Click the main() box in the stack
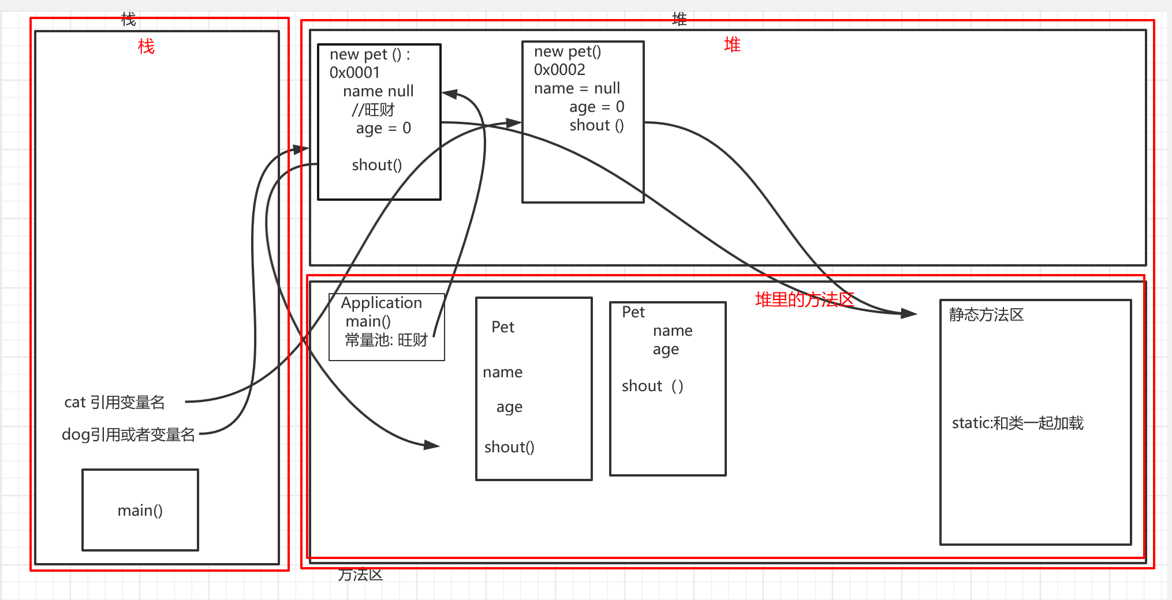pyautogui.click(x=140, y=510)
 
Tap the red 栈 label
pyautogui.click(x=146, y=46)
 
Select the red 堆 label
pyautogui.click(x=732, y=44)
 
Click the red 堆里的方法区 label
pyautogui.click(x=804, y=299)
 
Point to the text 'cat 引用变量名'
pyautogui.click(x=114, y=402)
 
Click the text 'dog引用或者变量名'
pyautogui.click(x=128, y=434)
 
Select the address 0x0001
pyautogui.click(x=354, y=73)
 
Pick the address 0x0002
pyautogui.click(x=559, y=70)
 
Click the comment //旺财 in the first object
pyautogui.click(x=374, y=110)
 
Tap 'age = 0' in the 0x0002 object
pyautogui.click(x=596, y=107)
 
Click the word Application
pyautogui.click(x=381, y=303)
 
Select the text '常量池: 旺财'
pyautogui.click(x=386, y=340)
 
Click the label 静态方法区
pyautogui.click(x=986, y=314)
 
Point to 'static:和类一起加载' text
pyautogui.click(x=1017, y=423)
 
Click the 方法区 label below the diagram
pyautogui.click(x=360, y=575)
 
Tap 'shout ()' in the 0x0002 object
pyautogui.click(x=596, y=125)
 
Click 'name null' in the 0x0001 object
pyautogui.click(x=378, y=91)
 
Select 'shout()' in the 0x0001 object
pyautogui.click(x=376, y=165)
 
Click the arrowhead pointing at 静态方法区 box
pyautogui.click(x=909, y=313)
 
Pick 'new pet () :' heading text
pyautogui.click(x=370, y=54)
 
